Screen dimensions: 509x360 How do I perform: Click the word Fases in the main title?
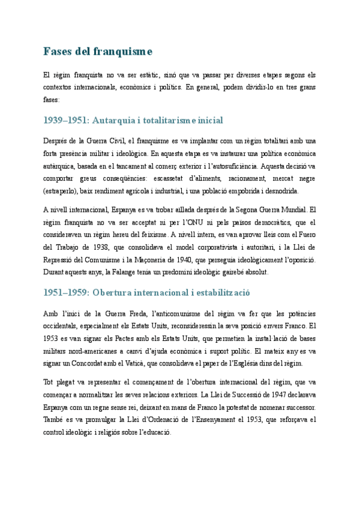click(58, 51)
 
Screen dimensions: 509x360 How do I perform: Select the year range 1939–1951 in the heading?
click(65, 121)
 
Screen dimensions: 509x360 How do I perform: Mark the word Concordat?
click(121, 364)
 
